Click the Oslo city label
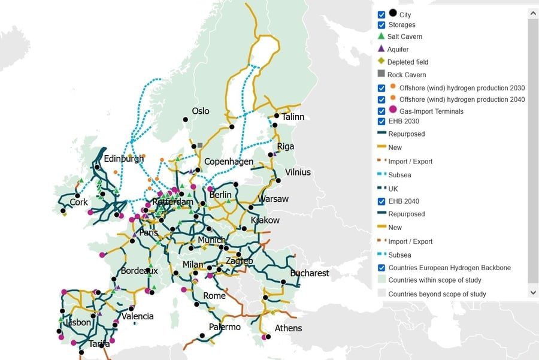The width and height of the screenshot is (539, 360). point(201,111)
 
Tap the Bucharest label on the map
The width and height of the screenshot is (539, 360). point(310,273)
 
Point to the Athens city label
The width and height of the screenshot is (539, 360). point(288,328)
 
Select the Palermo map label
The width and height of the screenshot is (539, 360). point(225,327)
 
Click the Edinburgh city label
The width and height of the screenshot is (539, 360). point(124,159)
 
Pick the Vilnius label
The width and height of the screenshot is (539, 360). point(298,173)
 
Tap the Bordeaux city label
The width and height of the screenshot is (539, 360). point(139,271)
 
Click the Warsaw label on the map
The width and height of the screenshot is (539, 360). point(273,199)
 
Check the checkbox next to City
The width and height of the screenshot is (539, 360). point(381,14)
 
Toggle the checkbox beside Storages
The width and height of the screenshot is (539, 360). point(381,25)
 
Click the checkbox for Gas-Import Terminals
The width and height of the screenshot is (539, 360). point(381,111)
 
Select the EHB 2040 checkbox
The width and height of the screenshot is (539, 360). point(381,201)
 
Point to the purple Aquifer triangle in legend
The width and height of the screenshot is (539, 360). point(381,49)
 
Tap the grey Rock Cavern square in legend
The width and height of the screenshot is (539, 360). point(381,74)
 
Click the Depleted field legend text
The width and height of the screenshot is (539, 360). point(408,62)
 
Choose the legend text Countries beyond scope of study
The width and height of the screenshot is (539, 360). point(437,294)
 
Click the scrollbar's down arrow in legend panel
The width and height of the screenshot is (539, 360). point(533,292)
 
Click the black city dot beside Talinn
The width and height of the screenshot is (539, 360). point(277,116)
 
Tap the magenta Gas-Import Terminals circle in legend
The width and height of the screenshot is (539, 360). point(393,110)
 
